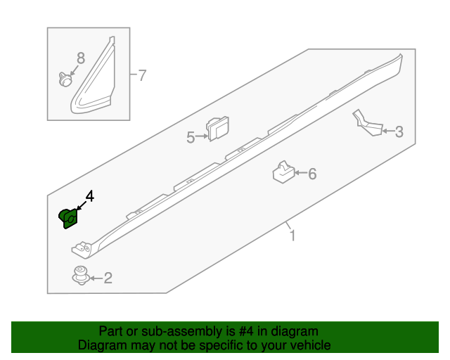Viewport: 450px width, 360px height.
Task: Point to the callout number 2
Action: point(108,279)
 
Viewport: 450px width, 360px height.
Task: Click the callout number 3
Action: point(398,131)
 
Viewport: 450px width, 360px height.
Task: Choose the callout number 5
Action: point(191,138)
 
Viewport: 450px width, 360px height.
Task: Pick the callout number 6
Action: point(312,174)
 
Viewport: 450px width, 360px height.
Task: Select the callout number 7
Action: point(143,75)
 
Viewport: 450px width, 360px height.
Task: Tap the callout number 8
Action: point(80,58)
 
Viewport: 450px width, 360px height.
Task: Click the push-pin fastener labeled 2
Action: point(81,276)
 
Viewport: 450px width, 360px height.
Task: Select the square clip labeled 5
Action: point(219,129)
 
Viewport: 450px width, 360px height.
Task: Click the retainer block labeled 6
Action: point(283,172)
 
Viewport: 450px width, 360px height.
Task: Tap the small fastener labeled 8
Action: point(65,79)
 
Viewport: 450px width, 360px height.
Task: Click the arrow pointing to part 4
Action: point(82,206)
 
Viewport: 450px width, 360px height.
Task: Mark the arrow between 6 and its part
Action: point(300,173)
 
